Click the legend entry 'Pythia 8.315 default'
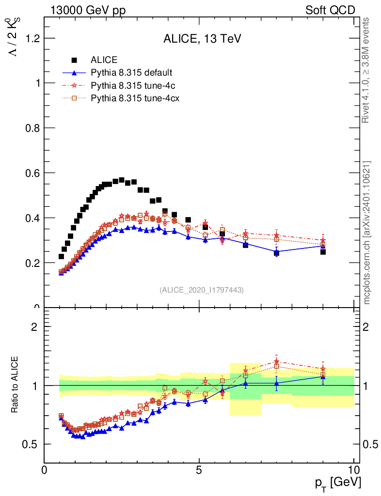click(x=131, y=73)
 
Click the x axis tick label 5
click(x=199, y=470)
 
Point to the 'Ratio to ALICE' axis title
click(x=16, y=385)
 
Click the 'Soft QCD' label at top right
click(x=330, y=10)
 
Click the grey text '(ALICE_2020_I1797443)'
click(x=201, y=290)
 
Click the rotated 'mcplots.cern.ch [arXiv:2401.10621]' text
click(x=367, y=232)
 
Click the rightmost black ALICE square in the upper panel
click(x=323, y=251)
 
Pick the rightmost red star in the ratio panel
click(x=323, y=369)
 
